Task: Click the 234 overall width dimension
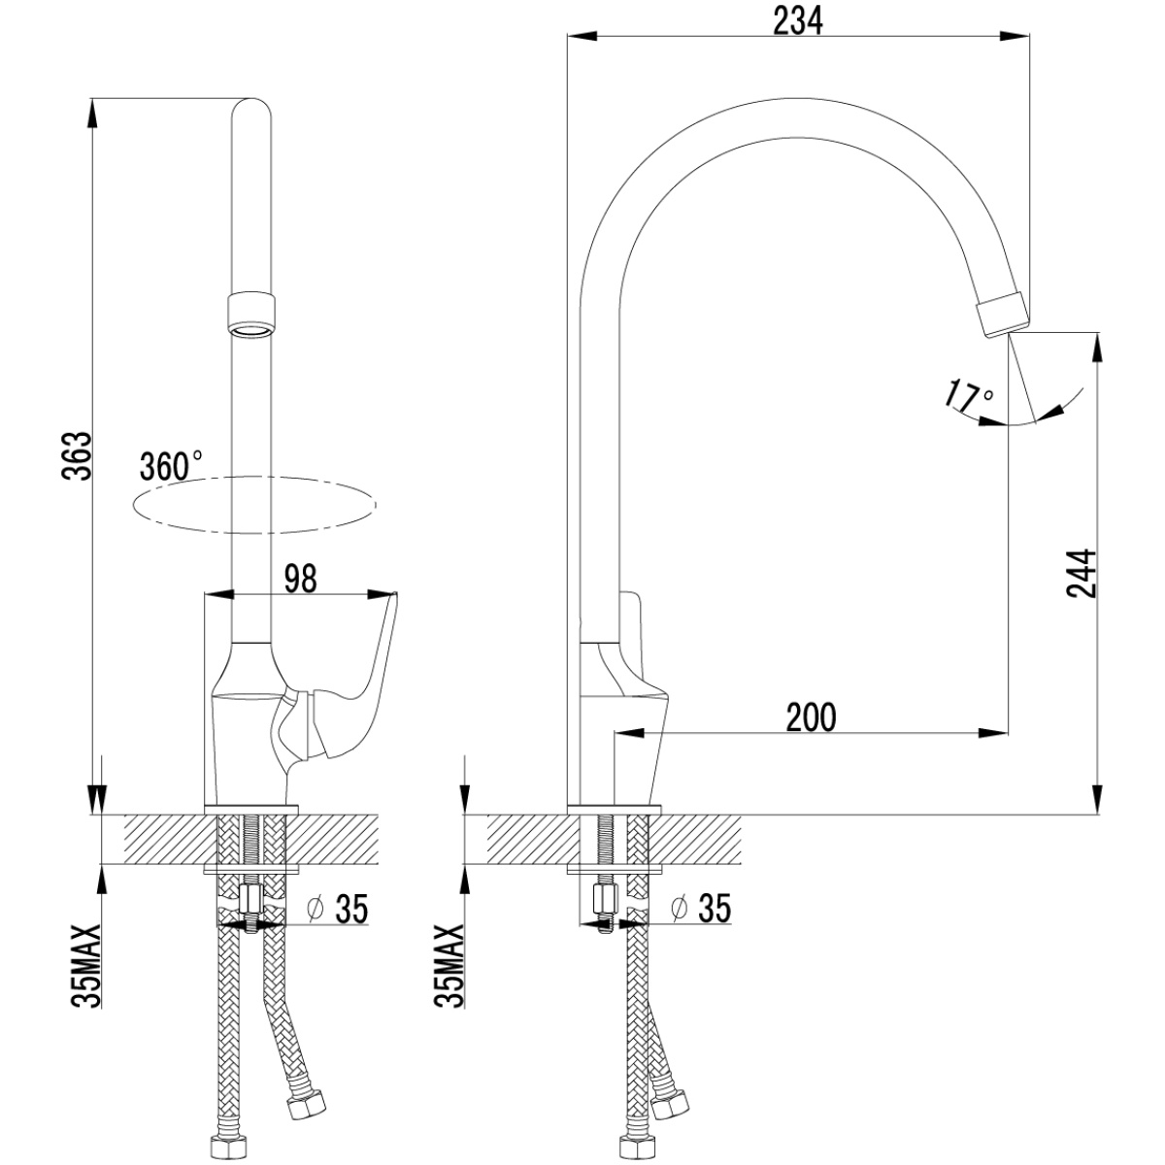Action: coord(798,22)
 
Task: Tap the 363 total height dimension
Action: coord(78,456)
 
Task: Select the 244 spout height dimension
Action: coord(1082,573)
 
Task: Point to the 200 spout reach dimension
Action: coord(812,717)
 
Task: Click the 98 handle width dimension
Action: coord(300,580)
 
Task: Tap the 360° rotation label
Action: coord(171,466)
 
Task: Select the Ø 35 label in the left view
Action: coord(337,910)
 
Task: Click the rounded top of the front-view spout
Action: coord(251,109)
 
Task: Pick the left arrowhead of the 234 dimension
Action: coord(581,37)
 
